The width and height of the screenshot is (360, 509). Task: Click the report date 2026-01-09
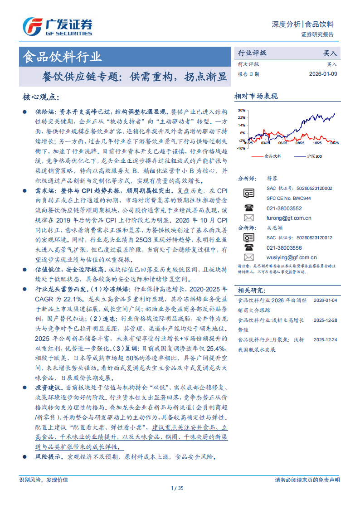point(323,74)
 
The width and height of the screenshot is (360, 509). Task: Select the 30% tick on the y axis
point(242,110)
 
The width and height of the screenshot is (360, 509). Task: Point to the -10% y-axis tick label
point(241,148)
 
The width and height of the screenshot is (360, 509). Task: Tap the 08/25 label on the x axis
point(300,143)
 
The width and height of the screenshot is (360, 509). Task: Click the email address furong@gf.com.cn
point(289,218)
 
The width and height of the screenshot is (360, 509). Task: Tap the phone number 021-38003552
point(284,208)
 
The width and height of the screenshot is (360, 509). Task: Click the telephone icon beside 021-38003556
point(248,247)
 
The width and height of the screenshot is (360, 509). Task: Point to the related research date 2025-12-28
point(325,320)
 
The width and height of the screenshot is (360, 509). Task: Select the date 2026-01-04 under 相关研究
point(325,301)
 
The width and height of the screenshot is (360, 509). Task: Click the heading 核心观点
point(40,97)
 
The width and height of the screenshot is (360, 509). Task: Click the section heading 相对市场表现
point(256,96)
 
